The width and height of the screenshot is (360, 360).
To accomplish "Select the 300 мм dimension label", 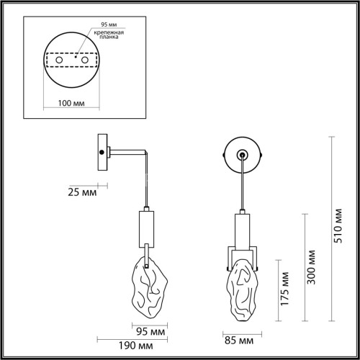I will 311,268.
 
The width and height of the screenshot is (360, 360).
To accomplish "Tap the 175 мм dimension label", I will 286,295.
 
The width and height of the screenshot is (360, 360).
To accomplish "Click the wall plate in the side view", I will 104,152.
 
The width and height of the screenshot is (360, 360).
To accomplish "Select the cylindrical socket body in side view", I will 143,228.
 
